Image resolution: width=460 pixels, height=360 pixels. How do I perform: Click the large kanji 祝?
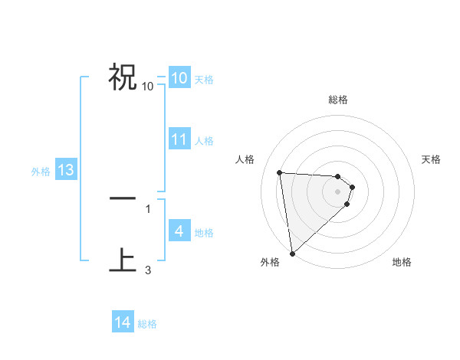tap(123, 77)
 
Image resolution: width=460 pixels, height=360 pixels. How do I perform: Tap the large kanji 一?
tap(123, 198)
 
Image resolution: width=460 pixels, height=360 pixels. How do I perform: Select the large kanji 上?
tap(123, 260)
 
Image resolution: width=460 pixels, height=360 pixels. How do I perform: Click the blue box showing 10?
tap(179, 78)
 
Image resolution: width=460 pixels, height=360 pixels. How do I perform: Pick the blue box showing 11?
tap(179, 139)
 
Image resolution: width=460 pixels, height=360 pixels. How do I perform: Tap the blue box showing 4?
tap(179, 231)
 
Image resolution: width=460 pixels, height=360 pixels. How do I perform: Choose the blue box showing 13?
tap(65, 170)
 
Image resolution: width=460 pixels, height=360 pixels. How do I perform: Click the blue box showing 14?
tap(123, 322)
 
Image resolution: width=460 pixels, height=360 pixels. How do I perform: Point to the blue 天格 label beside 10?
tap(203, 80)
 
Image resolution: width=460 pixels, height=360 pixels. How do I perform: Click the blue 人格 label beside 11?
tap(203, 141)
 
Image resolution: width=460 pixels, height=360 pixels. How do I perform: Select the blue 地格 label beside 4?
tap(203, 233)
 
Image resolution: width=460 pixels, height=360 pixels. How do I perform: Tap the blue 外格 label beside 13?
tap(40, 172)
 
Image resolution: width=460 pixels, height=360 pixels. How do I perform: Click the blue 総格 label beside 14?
tap(147, 324)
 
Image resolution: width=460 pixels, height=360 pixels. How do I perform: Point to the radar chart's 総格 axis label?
tap(337, 100)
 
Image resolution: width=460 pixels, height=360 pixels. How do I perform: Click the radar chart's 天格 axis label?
tap(431, 159)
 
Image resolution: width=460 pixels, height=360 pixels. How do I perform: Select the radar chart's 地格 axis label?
tap(402, 262)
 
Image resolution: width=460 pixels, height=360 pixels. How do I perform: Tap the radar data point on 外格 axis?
tap(291, 254)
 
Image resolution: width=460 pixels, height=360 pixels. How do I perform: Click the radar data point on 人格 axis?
tap(279, 172)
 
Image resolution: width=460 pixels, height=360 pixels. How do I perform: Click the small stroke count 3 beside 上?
tap(148, 270)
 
